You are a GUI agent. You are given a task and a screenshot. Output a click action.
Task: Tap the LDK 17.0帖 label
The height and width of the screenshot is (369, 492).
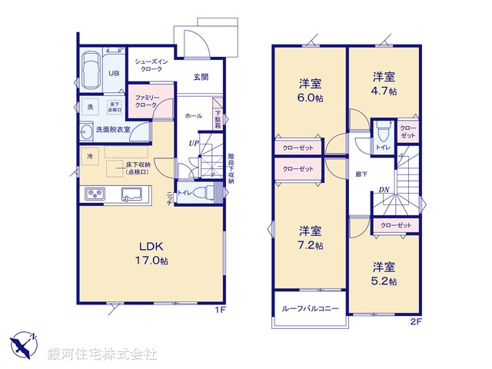153,254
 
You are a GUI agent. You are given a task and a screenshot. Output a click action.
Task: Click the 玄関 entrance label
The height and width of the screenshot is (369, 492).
201,77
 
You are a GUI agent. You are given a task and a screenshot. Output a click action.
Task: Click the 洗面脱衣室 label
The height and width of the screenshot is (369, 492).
113,130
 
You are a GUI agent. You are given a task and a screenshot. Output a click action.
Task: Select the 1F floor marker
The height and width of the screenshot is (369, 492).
219,311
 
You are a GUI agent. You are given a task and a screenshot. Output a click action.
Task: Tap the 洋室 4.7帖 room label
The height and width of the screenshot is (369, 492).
384,83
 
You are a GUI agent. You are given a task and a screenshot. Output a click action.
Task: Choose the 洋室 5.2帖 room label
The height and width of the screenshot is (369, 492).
384,274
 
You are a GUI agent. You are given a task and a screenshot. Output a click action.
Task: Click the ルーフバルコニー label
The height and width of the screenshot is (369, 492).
305,307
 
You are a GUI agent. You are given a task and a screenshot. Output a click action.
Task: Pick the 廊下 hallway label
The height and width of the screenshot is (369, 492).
361,175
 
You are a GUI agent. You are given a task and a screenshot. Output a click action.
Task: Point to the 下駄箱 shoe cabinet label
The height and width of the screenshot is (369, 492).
218,119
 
